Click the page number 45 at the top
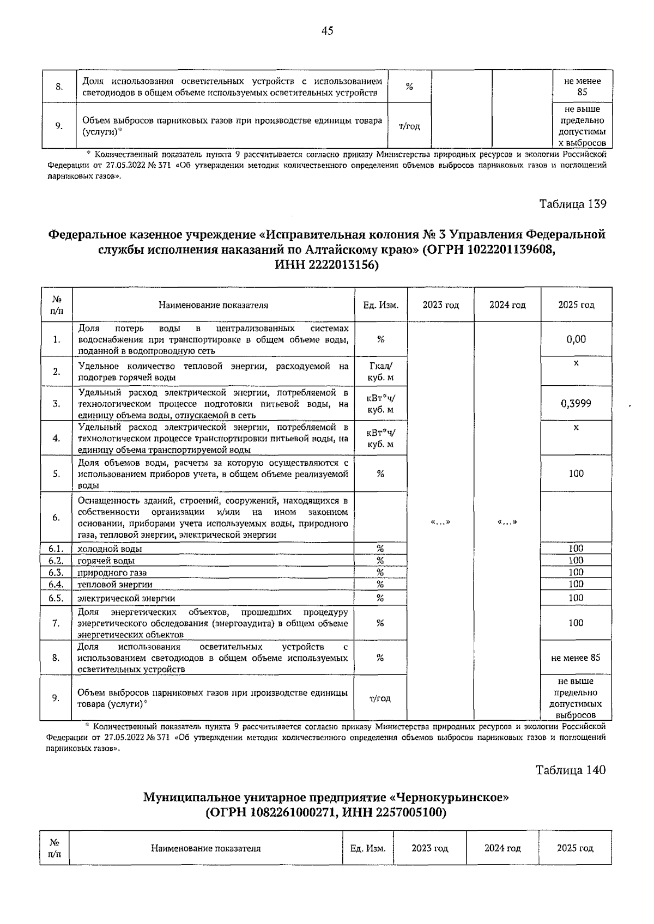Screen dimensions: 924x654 327,31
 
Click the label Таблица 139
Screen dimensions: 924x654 572,204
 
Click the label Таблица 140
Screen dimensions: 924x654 571,770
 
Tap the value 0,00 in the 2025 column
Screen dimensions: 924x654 576,339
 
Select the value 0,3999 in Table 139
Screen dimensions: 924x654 576,404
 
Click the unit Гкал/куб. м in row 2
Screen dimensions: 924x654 380,372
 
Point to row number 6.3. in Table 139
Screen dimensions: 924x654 56,573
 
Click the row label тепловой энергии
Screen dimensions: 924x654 115,585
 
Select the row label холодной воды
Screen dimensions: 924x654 110,549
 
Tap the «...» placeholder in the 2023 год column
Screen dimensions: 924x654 440,522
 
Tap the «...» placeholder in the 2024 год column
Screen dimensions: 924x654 507,522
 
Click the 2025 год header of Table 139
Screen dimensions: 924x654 576,305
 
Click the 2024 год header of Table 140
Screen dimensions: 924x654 502,848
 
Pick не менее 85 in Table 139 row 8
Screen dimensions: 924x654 576,658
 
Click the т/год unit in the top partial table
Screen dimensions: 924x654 410,126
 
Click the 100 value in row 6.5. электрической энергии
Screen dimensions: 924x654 576,598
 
